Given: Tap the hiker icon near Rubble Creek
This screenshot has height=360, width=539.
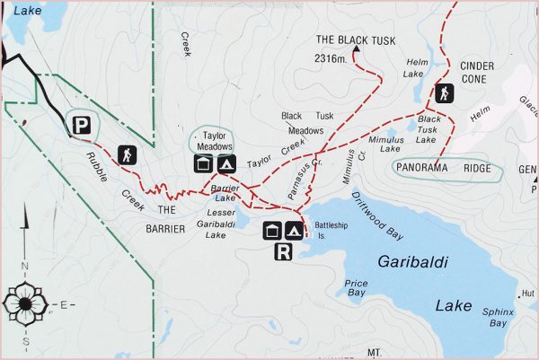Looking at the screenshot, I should [127, 154].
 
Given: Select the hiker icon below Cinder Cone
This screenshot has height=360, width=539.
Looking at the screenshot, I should [444, 93].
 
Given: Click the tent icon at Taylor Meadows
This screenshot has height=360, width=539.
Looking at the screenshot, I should [225, 163].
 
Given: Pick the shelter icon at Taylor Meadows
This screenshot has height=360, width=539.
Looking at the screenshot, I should [204, 163].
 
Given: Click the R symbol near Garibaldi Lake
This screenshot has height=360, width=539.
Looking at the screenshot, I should [283, 251].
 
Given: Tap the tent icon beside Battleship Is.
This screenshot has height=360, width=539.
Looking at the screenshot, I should [294, 231].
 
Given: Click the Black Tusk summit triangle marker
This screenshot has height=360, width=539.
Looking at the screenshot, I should [357, 53].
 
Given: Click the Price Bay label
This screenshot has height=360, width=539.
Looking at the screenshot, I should [356, 287].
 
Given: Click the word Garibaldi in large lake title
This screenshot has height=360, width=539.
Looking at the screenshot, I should [412, 261].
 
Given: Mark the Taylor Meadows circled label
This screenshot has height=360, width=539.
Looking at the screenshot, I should [213, 140].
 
